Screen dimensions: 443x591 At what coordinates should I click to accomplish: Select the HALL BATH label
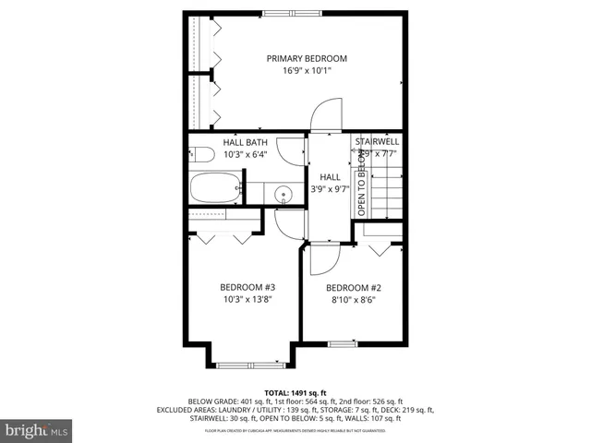click(245, 142)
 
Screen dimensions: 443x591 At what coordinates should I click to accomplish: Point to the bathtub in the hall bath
click(216, 190)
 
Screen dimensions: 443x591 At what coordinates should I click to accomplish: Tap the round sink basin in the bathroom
click(284, 194)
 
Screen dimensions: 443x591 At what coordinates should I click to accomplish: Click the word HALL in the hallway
click(330, 176)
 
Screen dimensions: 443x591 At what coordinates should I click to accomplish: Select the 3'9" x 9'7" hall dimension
click(330, 189)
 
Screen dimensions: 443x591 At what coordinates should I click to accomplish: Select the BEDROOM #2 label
click(354, 287)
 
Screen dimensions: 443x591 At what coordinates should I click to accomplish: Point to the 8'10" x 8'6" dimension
click(354, 300)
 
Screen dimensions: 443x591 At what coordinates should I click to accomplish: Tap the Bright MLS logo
click(37, 430)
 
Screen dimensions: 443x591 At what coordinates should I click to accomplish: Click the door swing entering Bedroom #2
click(322, 260)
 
